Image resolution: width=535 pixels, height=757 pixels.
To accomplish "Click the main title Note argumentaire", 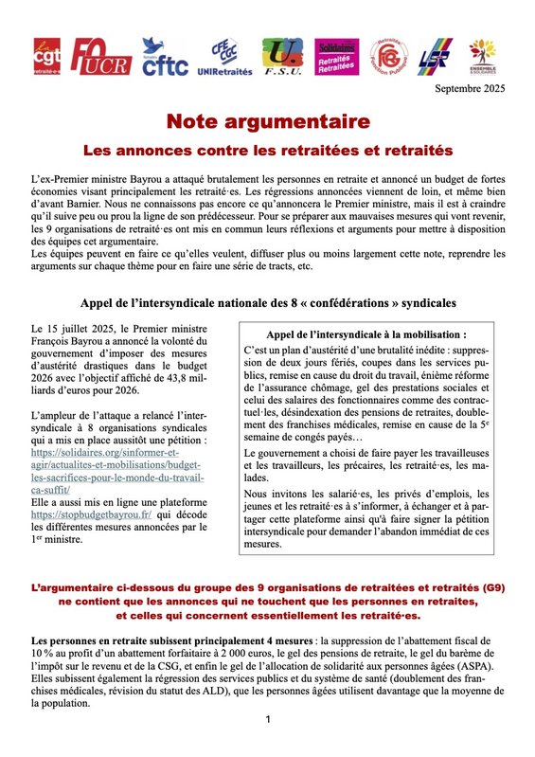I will (269, 121).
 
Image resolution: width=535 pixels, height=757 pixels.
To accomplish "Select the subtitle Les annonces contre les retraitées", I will (268, 150).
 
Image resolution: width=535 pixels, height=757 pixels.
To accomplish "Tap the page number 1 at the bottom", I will (268, 721).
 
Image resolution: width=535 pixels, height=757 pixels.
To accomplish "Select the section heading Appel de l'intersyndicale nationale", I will (268, 302).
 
